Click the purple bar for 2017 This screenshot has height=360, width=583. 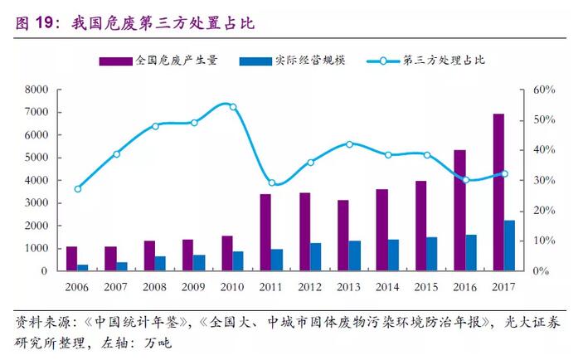tap(498, 192)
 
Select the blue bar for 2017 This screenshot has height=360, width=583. tap(510, 246)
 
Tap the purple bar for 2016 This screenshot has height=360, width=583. tap(460, 211)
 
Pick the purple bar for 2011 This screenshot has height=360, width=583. tap(265, 232)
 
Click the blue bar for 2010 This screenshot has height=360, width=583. tap(238, 260)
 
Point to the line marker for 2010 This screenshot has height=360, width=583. tap(233, 107)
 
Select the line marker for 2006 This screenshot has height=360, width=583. tap(78, 189)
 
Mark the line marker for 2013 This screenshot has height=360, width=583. tap(349, 144)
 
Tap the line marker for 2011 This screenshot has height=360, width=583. tap(272, 182)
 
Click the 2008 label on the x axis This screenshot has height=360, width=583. tap(155, 286)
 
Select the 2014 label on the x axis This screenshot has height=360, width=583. tap(388, 286)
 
